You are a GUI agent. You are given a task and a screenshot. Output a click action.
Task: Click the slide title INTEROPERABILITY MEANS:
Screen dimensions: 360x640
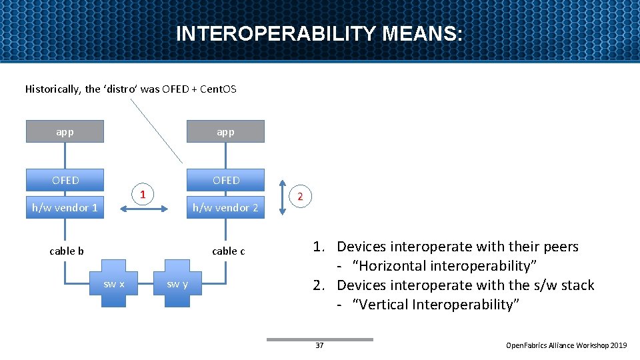[x=319, y=34]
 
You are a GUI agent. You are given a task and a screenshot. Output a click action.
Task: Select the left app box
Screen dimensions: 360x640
[x=65, y=131]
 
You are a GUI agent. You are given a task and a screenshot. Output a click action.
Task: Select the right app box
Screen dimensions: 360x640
[x=225, y=131]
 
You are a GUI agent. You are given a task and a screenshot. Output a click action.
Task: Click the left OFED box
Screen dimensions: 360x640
[x=65, y=180]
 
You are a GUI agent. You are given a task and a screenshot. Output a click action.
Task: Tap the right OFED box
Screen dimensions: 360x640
[x=225, y=180]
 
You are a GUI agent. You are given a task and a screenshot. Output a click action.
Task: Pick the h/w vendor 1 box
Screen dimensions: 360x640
[x=65, y=207]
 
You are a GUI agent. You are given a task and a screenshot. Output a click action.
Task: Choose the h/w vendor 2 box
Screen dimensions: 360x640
[x=225, y=207]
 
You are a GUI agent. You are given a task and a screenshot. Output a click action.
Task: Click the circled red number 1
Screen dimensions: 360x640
[x=141, y=195]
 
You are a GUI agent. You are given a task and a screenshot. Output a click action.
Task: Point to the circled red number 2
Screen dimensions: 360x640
[x=300, y=196]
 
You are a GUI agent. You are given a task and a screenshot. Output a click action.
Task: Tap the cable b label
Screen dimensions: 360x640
[x=67, y=251]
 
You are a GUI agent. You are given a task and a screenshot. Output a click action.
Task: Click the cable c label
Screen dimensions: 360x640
[x=228, y=251]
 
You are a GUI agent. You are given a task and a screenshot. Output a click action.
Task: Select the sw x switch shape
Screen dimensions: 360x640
[x=113, y=285]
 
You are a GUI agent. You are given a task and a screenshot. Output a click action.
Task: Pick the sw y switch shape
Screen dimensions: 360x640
[x=177, y=285]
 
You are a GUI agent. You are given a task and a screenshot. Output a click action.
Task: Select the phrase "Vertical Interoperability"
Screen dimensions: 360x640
[x=436, y=305]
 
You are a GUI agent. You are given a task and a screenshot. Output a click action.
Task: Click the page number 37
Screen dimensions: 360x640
[x=319, y=345]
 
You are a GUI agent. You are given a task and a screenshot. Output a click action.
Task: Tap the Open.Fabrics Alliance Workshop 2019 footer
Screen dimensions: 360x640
[x=566, y=345]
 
